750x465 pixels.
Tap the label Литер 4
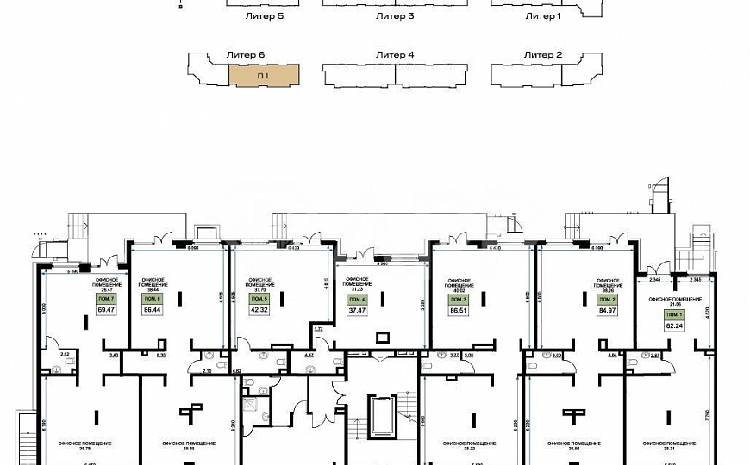pos(396,55)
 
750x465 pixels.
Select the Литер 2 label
pos(543,55)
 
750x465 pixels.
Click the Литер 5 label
pos(266,16)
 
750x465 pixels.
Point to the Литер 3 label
pos(396,16)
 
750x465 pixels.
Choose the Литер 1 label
pos(543,16)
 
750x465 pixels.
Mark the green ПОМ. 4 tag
pos(357,300)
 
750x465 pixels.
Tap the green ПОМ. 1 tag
pos(673,316)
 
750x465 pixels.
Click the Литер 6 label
pos(245,55)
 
